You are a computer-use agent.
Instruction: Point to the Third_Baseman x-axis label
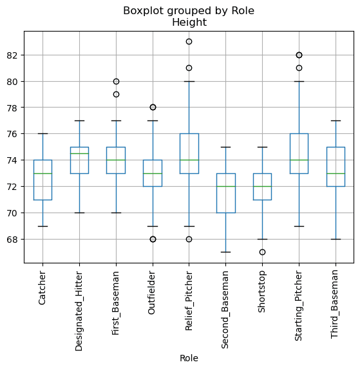(335, 303)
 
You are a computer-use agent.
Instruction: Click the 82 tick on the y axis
(14, 55)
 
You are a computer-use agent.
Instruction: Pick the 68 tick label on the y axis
(14, 240)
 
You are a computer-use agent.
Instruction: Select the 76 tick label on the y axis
(14, 134)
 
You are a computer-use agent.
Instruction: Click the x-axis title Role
(189, 358)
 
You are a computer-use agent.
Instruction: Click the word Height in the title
(189, 23)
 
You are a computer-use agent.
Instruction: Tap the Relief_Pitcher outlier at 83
(189, 42)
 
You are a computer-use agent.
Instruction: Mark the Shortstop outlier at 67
(262, 252)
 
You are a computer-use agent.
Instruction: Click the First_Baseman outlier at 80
(116, 81)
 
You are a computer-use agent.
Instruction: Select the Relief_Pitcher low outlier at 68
(189, 239)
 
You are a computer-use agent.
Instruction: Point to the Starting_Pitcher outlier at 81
(299, 68)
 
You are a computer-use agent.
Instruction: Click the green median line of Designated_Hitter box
(79, 153)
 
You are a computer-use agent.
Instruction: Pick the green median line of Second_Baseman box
(225, 186)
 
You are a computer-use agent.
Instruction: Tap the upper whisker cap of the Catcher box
(43, 134)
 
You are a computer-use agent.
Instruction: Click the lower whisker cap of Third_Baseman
(335, 239)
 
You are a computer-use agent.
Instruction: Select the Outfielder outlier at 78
(153, 108)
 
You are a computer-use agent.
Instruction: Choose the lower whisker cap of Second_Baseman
(225, 252)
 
